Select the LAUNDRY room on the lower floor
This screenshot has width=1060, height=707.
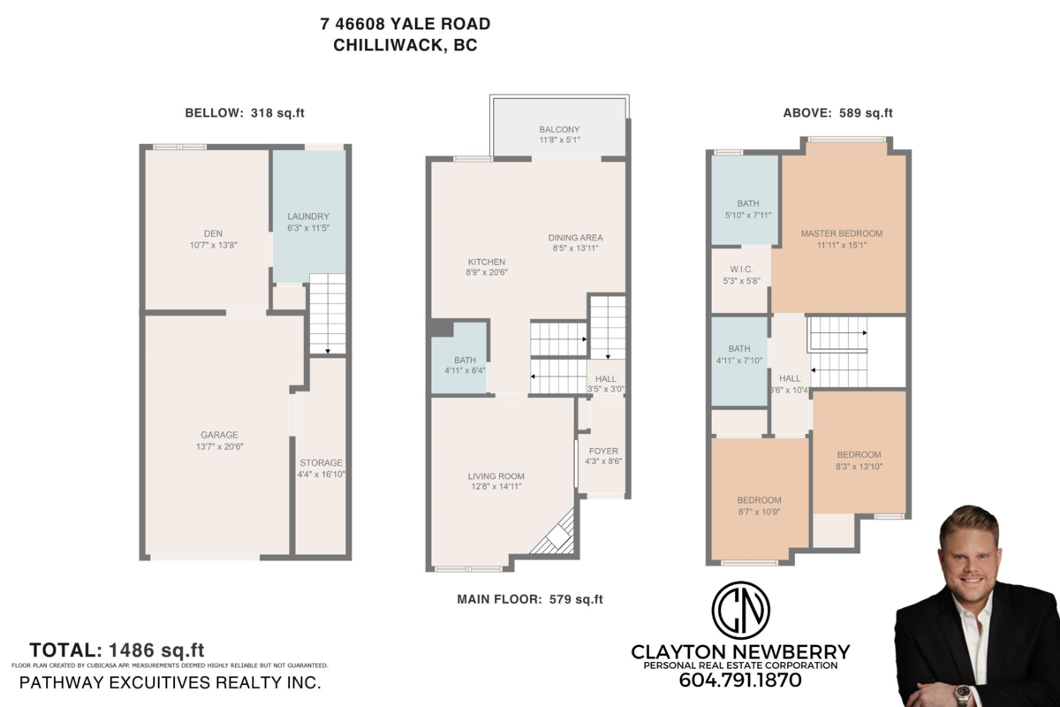[x=308, y=217]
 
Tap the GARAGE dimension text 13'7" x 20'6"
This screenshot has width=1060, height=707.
[x=219, y=446]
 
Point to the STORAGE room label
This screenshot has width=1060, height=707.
[x=321, y=462]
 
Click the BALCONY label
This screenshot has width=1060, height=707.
[x=558, y=130]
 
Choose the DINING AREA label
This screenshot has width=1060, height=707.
[x=575, y=238]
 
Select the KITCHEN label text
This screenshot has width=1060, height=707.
[x=487, y=262]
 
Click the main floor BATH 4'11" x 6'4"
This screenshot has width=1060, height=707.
[x=465, y=361]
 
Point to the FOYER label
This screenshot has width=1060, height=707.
[x=603, y=451]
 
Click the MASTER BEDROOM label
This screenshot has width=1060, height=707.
[x=841, y=233]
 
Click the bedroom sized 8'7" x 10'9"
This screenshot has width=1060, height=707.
[x=759, y=500]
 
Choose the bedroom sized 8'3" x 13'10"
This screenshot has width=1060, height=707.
[x=859, y=455]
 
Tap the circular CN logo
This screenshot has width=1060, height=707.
[x=740, y=610]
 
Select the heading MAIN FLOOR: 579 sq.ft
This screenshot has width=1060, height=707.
[x=529, y=599]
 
